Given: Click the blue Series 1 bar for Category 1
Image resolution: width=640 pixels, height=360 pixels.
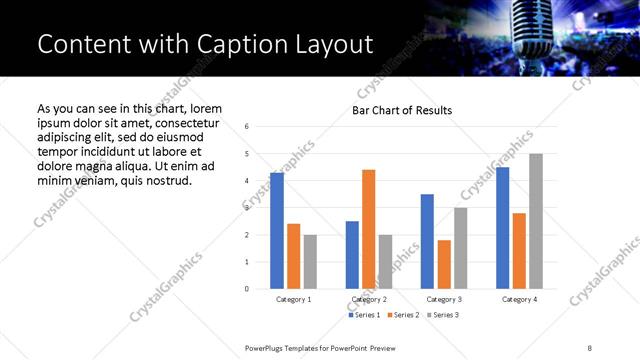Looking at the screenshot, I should [x=277, y=231].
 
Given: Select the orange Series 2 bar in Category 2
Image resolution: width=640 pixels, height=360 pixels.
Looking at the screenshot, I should [x=368, y=229].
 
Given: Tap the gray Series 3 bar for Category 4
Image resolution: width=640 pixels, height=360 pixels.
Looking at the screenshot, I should [x=536, y=221].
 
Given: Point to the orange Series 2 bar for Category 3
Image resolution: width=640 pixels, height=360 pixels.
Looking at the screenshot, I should [x=444, y=264].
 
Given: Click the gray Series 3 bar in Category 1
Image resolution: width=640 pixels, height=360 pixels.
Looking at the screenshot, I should [x=310, y=262].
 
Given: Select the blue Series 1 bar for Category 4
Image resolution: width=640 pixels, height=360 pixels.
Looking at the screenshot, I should [x=503, y=228].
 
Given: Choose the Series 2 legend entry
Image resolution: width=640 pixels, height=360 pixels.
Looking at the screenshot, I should [x=402, y=315].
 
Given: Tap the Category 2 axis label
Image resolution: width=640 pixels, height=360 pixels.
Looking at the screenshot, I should [x=368, y=299].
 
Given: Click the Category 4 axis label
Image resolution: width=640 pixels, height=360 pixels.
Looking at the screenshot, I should [x=519, y=299].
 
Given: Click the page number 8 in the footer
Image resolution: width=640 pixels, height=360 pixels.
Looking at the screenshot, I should [x=590, y=347].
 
